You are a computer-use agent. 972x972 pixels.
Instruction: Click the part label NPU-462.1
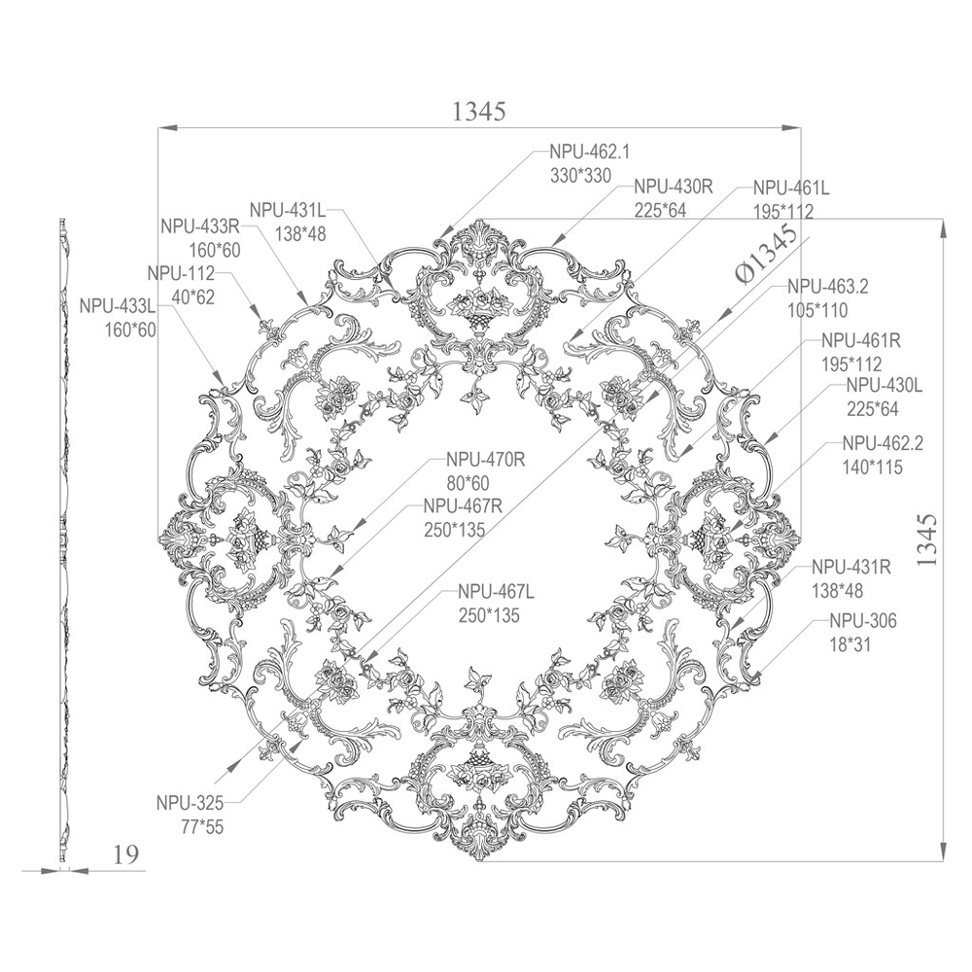click(589, 152)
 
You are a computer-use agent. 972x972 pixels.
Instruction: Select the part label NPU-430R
click(674, 187)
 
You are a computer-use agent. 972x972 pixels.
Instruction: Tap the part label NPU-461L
click(791, 188)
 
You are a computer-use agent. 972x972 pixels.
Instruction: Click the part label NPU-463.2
click(827, 287)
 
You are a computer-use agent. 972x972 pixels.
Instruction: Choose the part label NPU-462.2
click(883, 443)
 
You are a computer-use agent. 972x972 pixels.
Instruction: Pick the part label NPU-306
click(863, 620)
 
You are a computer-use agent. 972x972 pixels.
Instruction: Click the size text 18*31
click(850, 644)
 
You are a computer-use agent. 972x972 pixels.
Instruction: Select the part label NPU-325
click(190, 804)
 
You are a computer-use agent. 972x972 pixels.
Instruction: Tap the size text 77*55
click(202, 827)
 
